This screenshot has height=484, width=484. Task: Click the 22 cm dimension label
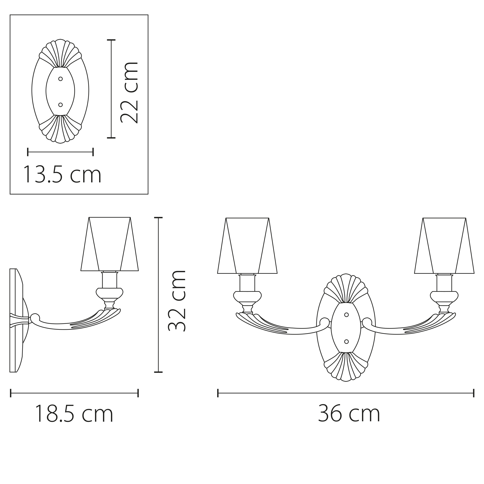(129, 92)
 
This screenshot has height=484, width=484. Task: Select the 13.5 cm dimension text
(62, 175)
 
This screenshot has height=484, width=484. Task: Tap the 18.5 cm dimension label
(74, 414)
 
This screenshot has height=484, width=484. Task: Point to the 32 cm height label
(177, 301)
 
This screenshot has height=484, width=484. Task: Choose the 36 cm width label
(349, 414)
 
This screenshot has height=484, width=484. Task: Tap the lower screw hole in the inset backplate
(60, 105)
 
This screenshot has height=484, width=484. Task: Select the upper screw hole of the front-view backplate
(347, 315)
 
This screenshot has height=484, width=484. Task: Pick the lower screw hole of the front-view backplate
(347, 342)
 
